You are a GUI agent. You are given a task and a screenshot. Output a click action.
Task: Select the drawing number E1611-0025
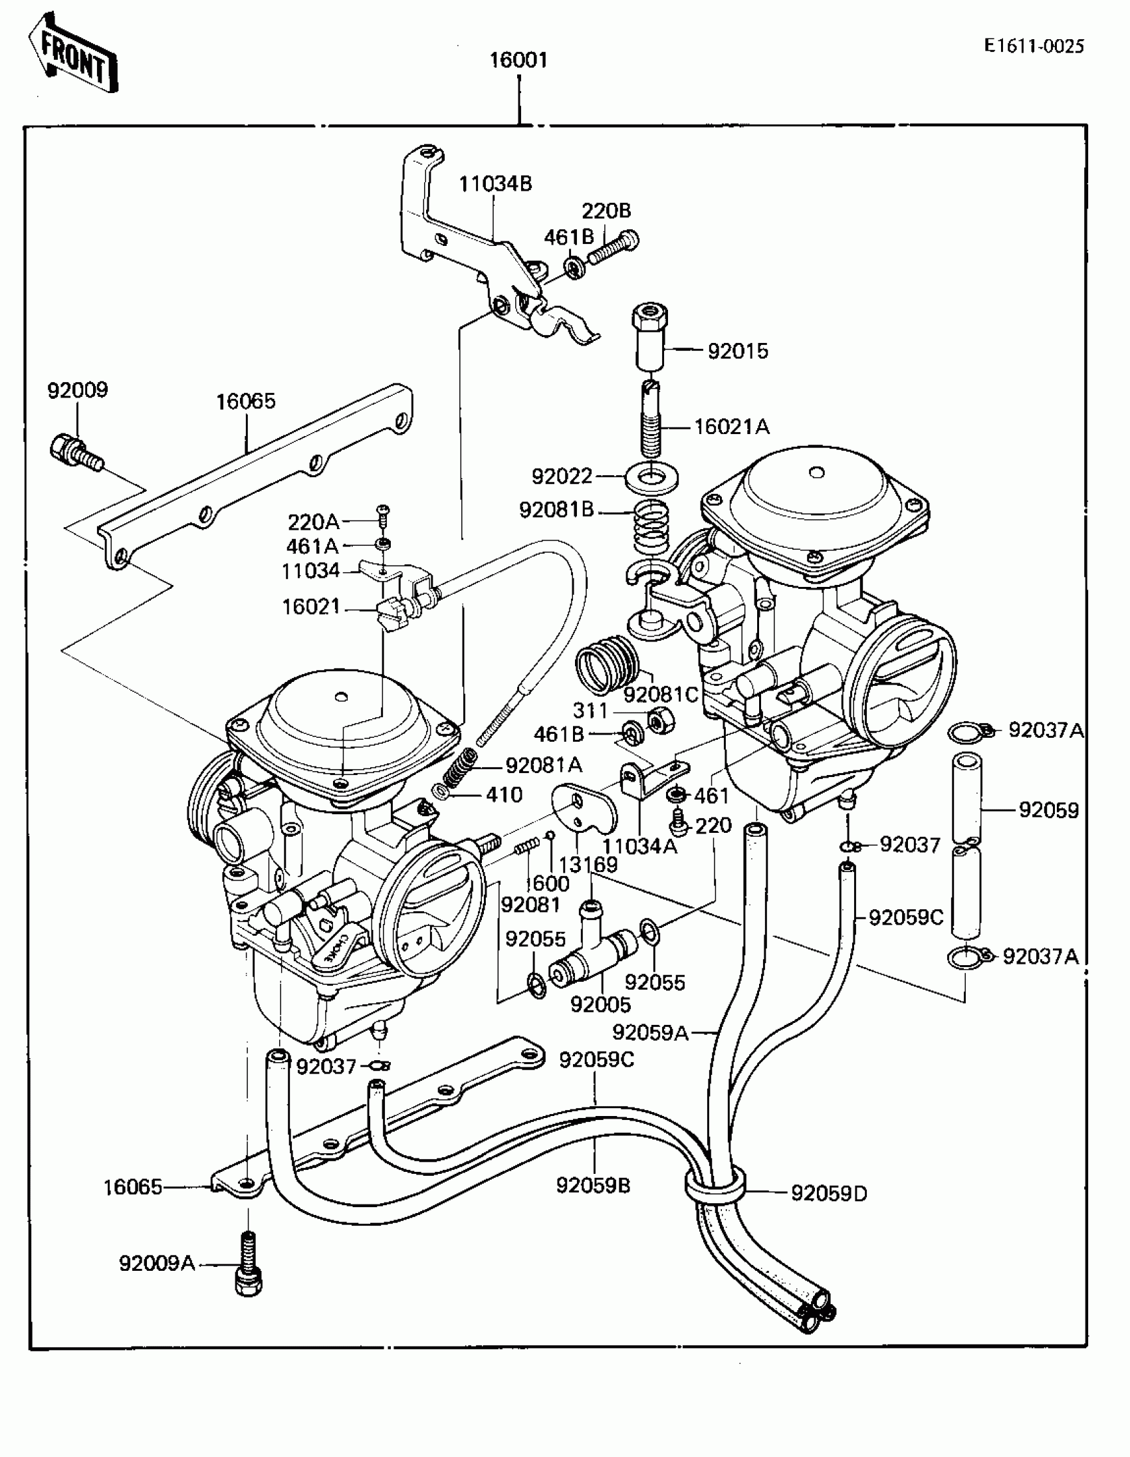click(1034, 46)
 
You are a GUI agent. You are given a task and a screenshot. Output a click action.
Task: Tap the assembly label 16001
click(518, 60)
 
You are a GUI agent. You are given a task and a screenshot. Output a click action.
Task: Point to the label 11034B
click(495, 183)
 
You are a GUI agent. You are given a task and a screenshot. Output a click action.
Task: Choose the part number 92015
click(738, 351)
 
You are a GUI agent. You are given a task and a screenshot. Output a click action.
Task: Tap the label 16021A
click(732, 426)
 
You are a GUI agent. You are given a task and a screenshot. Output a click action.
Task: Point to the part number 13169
click(588, 865)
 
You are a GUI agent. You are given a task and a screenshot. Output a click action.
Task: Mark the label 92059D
click(829, 1194)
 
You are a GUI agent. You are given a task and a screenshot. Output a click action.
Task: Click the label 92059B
click(593, 1186)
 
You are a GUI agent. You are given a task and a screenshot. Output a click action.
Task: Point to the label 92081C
click(661, 695)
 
